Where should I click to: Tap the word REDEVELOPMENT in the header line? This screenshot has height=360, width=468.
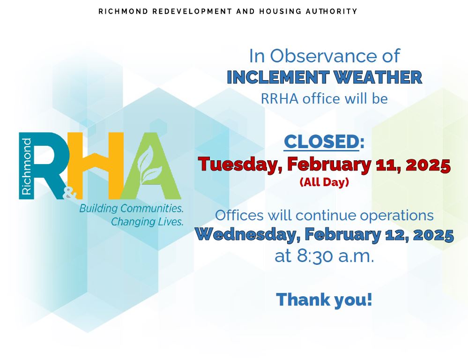192,11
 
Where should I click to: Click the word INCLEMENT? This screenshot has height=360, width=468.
278,77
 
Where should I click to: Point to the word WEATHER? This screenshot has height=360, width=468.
378,77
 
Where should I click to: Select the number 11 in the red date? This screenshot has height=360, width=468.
384,165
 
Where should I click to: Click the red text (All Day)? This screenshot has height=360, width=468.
324,182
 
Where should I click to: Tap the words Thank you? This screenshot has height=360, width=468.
324,300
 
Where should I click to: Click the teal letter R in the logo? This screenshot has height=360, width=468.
48,166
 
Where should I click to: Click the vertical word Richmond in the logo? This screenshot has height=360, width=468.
26,166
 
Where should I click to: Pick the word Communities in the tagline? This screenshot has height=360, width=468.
152,208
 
